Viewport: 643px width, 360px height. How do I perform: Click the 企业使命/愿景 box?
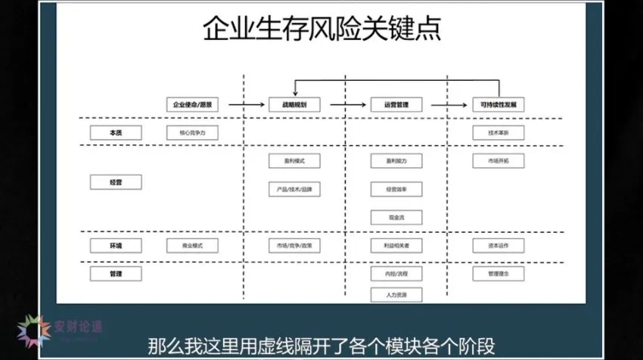[192, 105]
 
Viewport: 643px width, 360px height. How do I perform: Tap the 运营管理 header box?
[396, 105]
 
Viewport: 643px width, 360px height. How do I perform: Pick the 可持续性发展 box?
[498, 105]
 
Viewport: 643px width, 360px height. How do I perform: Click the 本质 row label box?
[116, 132]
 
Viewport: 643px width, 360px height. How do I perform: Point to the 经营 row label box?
[116, 182]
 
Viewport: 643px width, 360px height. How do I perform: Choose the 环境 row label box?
[116, 245]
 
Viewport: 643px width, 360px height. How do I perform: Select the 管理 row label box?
[116, 272]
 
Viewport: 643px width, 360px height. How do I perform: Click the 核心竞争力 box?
[192, 132]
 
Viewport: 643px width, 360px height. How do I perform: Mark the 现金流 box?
[396, 217]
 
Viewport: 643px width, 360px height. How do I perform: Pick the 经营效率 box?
[396, 189]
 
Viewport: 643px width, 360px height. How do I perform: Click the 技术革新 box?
[498, 132]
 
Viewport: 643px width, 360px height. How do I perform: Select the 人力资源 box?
[396, 294]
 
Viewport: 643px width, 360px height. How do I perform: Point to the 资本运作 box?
[498, 245]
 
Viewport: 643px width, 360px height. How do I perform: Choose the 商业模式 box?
[192, 245]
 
